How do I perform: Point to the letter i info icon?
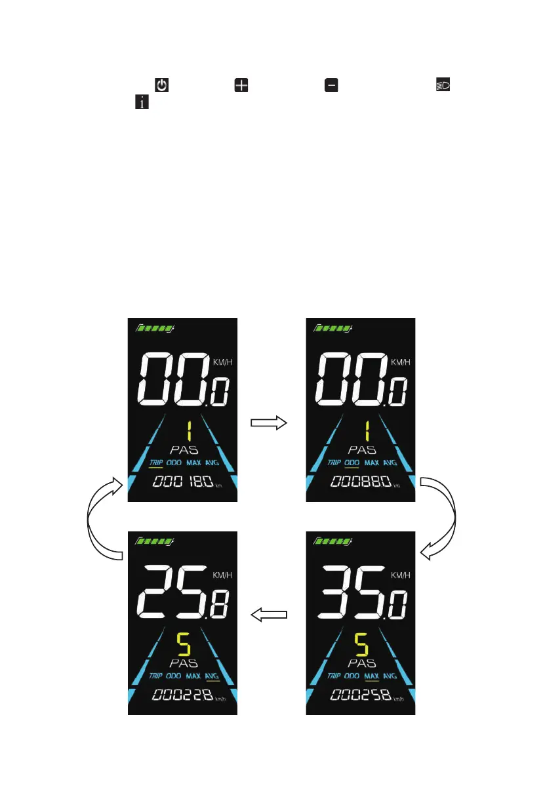point(140,102)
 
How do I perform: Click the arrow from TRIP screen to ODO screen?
point(269,424)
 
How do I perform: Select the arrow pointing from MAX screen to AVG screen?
point(270,614)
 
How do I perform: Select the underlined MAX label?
point(371,675)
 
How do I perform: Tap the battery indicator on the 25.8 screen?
point(155,541)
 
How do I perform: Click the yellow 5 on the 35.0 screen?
point(361,646)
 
